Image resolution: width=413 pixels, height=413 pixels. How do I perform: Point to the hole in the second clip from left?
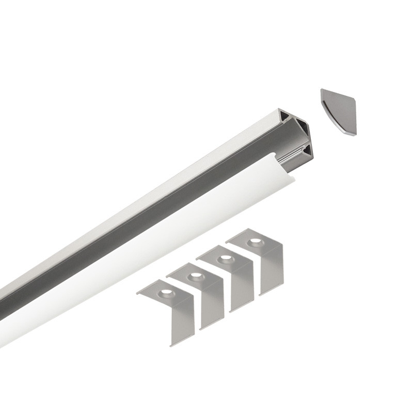(x=195, y=277)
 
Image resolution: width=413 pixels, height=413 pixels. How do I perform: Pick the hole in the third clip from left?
(x=225, y=259)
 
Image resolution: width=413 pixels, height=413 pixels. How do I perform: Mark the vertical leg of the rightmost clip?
(x=272, y=271)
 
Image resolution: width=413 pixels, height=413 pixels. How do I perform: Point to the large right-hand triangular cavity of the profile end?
(x=303, y=130)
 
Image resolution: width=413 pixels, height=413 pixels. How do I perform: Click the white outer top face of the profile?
(x=155, y=176)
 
